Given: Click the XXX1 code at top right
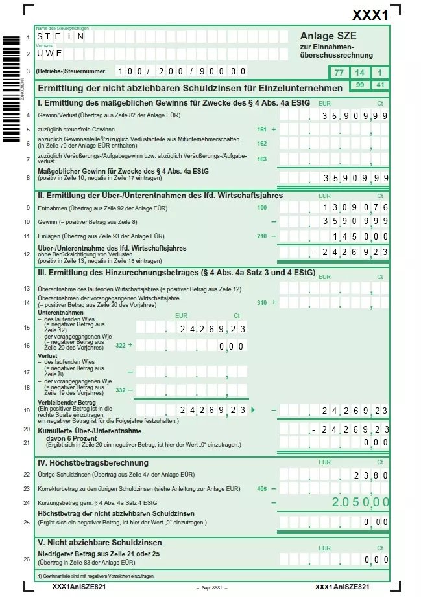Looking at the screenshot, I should click(x=370, y=15).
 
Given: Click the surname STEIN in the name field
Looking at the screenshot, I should click(x=60, y=38).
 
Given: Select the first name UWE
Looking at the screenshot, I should click(x=50, y=53).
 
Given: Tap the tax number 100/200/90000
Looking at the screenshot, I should click(x=182, y=71).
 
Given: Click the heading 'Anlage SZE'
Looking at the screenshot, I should click(x=328, y=36).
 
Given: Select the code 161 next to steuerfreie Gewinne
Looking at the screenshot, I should click(x=261, y=130).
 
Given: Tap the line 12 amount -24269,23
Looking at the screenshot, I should click(x=350, y=252).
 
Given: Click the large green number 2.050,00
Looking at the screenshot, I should click(x=360, y=502).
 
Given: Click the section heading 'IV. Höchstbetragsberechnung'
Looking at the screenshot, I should click(x=93, y=462).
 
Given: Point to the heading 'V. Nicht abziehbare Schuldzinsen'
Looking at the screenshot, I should click(x=100, y=542).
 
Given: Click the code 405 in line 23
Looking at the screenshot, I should click(x=261, y=489).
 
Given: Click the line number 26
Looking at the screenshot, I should click(x=27, y=559).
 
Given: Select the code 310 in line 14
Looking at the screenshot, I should click(x=261, y=302).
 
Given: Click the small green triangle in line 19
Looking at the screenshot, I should click(x=253, y=410).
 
